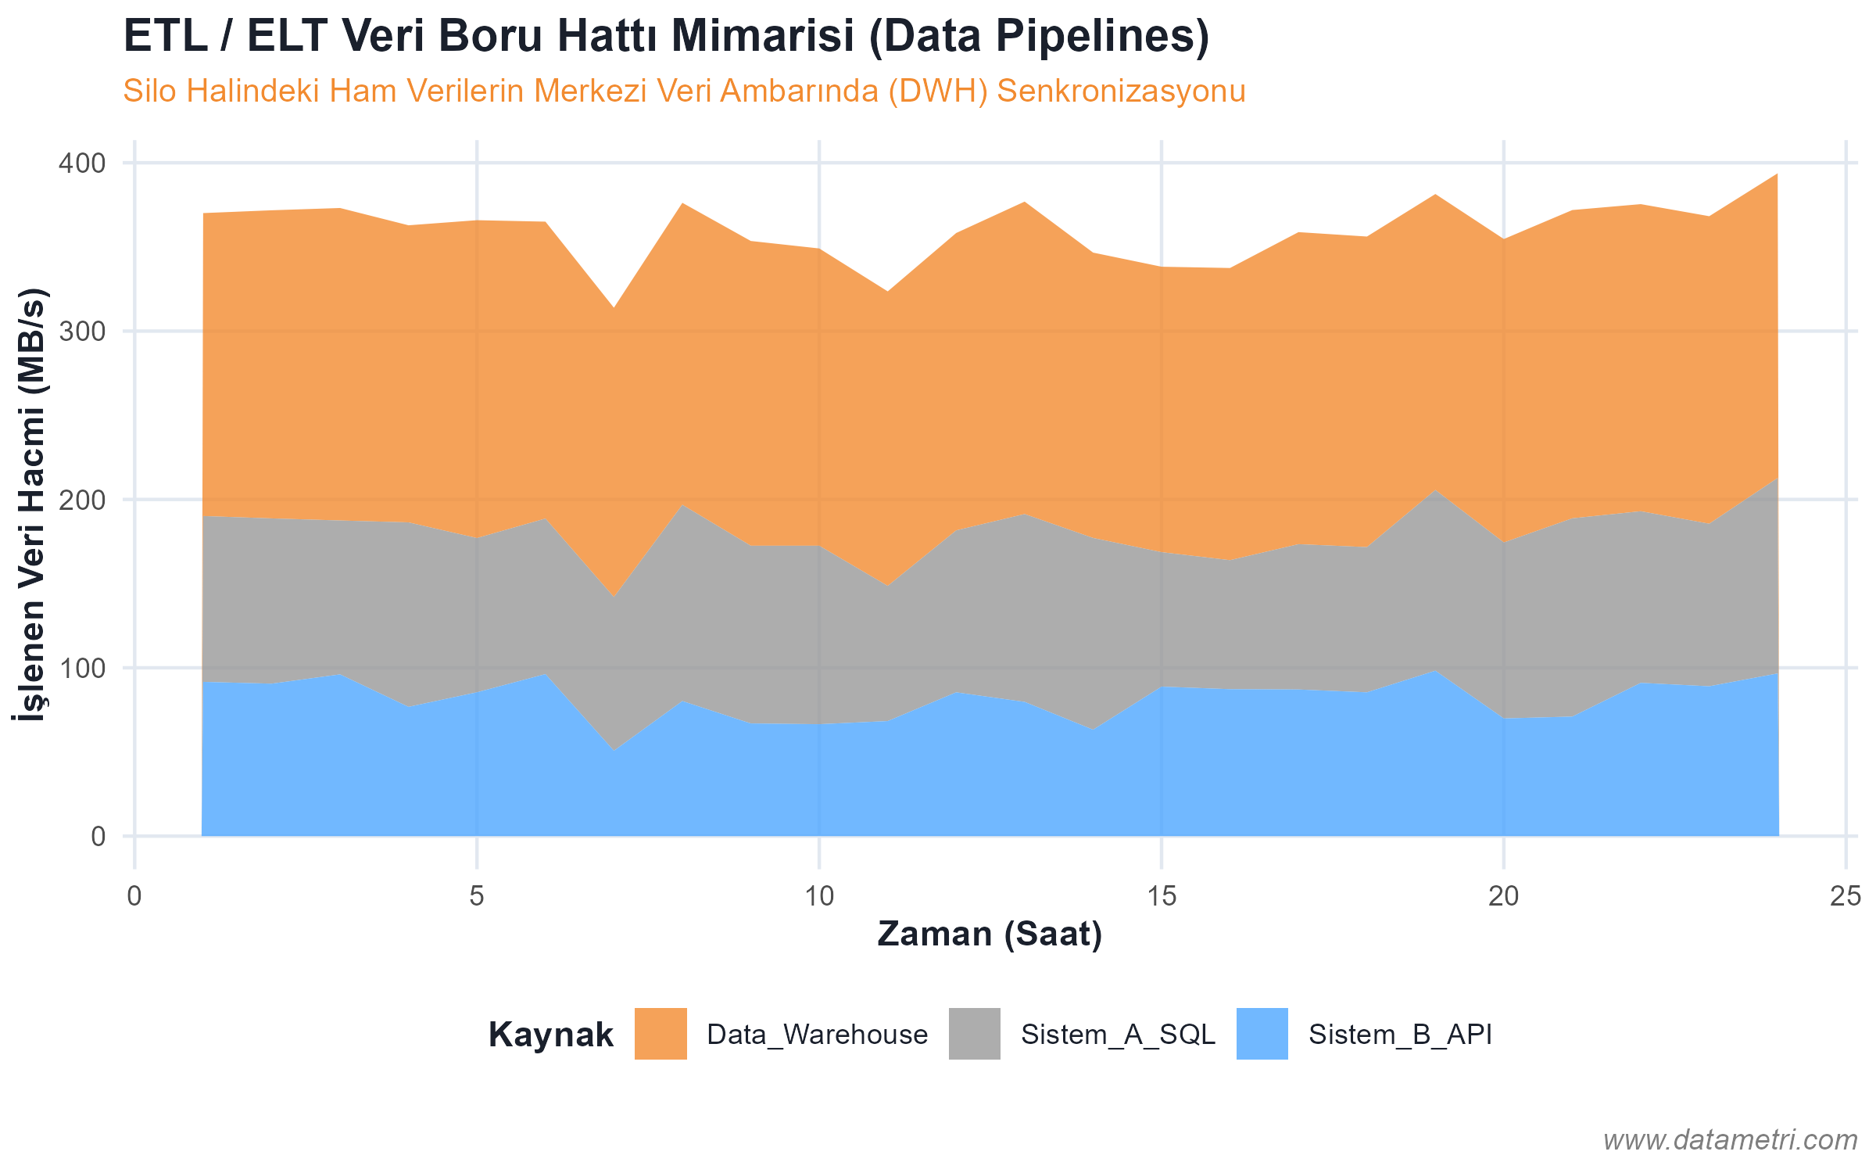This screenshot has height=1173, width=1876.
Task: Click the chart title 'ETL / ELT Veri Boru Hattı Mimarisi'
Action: [x=666, y=37]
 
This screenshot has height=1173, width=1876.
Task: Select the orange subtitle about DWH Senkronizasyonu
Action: [x=684, y=91]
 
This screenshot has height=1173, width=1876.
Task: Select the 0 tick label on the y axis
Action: [x=98, y=837]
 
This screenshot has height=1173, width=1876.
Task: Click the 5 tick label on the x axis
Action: [x=477, y=896]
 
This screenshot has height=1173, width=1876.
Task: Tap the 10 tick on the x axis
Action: [x=819, y=896]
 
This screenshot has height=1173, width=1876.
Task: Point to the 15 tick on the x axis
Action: [x=1162, y=896]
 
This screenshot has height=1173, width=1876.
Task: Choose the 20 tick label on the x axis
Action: [x=1503, y=896]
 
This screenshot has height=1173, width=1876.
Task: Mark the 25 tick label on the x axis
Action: [x=1845, y=896]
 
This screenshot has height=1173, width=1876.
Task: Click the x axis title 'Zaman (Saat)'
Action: [x=990, y=934]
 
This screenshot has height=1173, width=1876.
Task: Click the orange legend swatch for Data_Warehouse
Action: [x=661, y=1034]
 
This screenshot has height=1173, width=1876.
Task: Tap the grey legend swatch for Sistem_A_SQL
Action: [x=974, y=1034]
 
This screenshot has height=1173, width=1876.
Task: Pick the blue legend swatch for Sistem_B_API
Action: [x=1262, y=1034]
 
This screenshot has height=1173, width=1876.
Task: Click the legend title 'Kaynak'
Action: [x=550, y=1035]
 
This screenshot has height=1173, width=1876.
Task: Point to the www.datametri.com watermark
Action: [x=1730, y=1140]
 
